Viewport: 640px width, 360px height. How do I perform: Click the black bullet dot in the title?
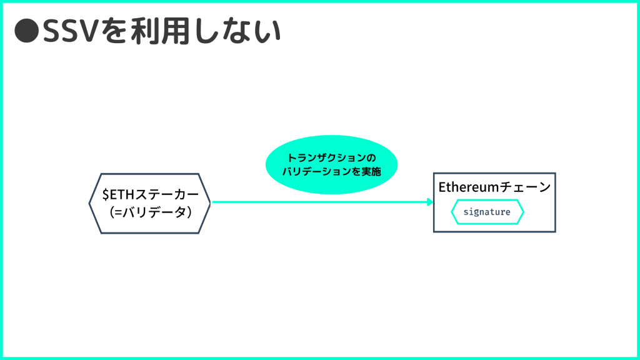[x=26, y=32]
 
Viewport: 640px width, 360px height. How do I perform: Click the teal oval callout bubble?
[x=331, y=164]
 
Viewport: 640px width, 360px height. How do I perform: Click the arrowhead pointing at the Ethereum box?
[x=429, y=202]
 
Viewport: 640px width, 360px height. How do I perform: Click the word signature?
[x=487, y=212]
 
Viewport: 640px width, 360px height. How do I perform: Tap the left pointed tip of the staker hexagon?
[x=90, y=203]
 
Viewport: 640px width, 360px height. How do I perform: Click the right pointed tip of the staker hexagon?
[x=210, y=203]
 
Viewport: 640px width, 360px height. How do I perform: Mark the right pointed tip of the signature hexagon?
[x=523, y=212]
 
